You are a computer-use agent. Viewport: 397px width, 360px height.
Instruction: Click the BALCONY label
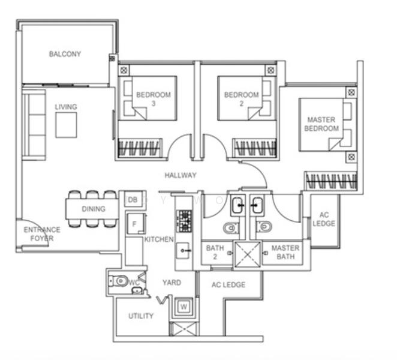(65, 54)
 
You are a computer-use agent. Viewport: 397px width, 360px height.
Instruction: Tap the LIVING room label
(66, 107)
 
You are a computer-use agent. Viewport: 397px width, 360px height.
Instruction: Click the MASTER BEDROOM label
(321, 124)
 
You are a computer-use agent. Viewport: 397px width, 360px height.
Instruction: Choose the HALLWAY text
(181, 175)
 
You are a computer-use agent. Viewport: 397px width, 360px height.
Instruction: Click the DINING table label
(93, 209)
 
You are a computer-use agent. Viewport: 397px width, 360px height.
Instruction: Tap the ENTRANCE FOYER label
(42, 234)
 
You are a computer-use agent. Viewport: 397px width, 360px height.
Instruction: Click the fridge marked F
(134, 224)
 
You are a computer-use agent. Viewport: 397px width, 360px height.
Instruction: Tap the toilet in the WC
(121, 280)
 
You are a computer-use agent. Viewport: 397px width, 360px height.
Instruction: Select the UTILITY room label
(141, 316)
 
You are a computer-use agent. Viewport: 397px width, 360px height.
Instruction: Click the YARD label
(171, 283)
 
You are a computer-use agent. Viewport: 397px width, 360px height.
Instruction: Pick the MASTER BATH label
(285, 253)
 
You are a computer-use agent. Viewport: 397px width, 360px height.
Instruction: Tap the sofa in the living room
(34, 126)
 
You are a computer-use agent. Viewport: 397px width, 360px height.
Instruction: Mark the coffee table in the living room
(66, 125)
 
